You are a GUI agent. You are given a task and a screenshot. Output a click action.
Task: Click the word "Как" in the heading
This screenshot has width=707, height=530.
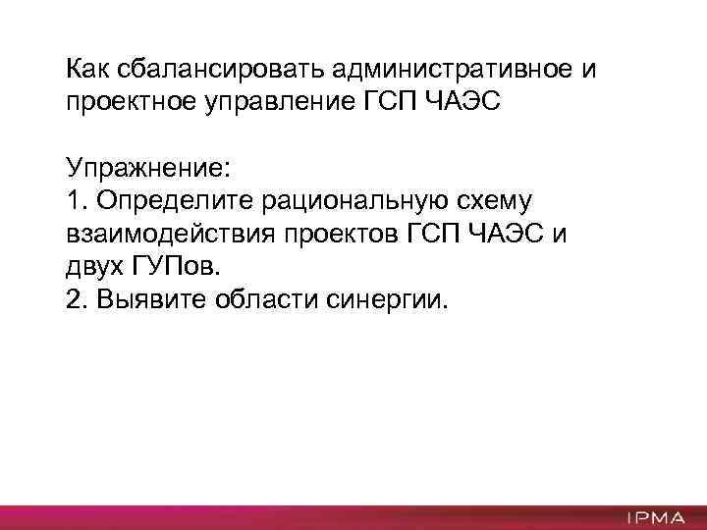point(89,70)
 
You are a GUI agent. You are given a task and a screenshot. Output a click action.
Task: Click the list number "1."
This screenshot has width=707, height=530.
point(78,200)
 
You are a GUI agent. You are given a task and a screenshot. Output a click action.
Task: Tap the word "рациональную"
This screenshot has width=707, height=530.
point(347,201)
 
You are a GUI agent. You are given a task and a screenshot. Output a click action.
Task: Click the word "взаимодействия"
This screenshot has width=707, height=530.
point(170,235)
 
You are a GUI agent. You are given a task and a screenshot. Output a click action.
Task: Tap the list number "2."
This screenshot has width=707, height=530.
point(78,298)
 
